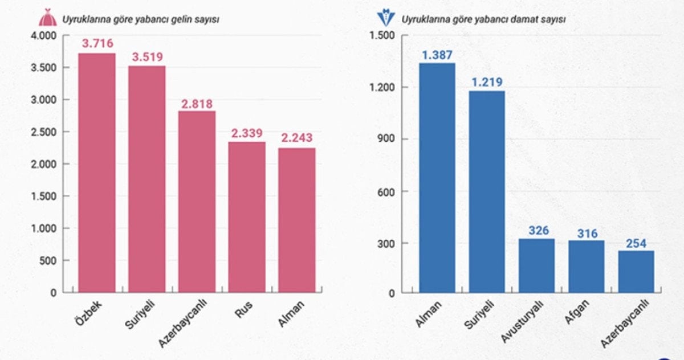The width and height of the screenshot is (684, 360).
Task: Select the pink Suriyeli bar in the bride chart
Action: [146, 179]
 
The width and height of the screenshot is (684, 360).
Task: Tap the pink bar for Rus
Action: [247, 217]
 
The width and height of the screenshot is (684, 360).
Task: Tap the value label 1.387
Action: [437, 55]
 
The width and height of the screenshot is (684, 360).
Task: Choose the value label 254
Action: [636, 243]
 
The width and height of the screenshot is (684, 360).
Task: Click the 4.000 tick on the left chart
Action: [43, 36]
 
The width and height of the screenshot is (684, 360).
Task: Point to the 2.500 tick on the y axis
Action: [43, 132]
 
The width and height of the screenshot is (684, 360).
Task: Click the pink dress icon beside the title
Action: [47, 19]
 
